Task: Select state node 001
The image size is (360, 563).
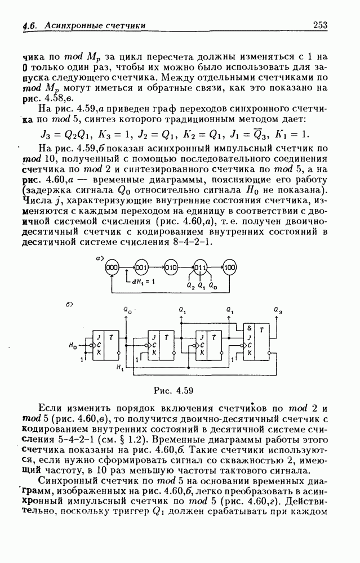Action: tap(141, 267)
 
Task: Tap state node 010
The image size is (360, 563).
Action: tap(171, 267)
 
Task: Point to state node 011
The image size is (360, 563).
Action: tap(201, 267)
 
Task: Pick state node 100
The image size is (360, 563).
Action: tap(229, 267)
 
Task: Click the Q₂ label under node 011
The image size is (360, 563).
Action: tap(190, 287)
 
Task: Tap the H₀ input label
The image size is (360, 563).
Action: tap(73, 343)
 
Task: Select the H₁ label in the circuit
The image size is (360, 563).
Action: tap(118, 368)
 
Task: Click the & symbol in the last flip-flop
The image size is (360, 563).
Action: tap(247, 328)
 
